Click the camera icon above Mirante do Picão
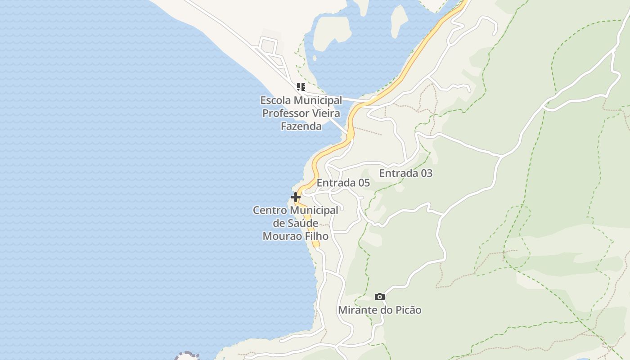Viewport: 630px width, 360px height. tap(380, 297)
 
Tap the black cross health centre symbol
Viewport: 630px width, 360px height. tap(295, 197)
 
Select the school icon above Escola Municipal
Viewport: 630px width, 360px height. tap(301, 86)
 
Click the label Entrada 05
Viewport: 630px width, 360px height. tap(343, 183)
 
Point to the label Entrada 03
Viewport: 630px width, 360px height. tap(405, 173)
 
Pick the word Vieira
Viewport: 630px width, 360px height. tap(325, 113)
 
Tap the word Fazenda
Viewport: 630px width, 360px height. tap(301, 126)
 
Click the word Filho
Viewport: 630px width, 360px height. tap(316, 236)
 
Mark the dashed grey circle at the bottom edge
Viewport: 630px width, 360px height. tap(187, 355)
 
